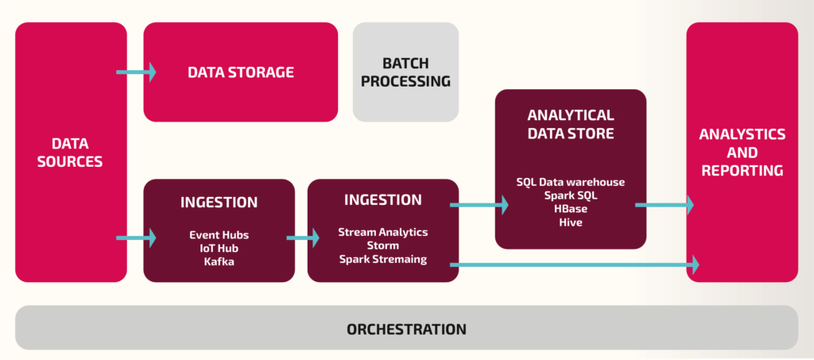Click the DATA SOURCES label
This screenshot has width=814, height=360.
click(71, 152)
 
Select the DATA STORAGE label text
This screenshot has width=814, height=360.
click(240, 72)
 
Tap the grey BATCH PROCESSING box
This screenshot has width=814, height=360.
click(405, 72)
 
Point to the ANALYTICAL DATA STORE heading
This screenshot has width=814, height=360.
click(570, 124)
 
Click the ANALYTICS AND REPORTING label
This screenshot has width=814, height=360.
click(742, 152)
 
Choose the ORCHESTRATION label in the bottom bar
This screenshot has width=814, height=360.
click(406, 328)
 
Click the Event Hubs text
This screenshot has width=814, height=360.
click(219, 235)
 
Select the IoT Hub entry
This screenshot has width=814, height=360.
click(219, 248)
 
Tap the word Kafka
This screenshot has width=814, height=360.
click(219, 261)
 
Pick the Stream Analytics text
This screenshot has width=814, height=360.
click(382, 232)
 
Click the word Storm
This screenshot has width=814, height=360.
click(382, 246)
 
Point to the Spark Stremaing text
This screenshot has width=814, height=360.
click(382, 259)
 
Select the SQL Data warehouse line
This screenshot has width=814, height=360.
click(570, 182)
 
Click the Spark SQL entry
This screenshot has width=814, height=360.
click(570, 195)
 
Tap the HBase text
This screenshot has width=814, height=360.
click(570, 208)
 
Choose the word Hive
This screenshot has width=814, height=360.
click(570, 222)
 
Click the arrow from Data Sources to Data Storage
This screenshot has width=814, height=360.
click(136, 72)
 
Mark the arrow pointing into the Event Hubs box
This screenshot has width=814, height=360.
click(136, 237)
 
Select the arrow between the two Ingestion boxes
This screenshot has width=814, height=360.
click(301, 237)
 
